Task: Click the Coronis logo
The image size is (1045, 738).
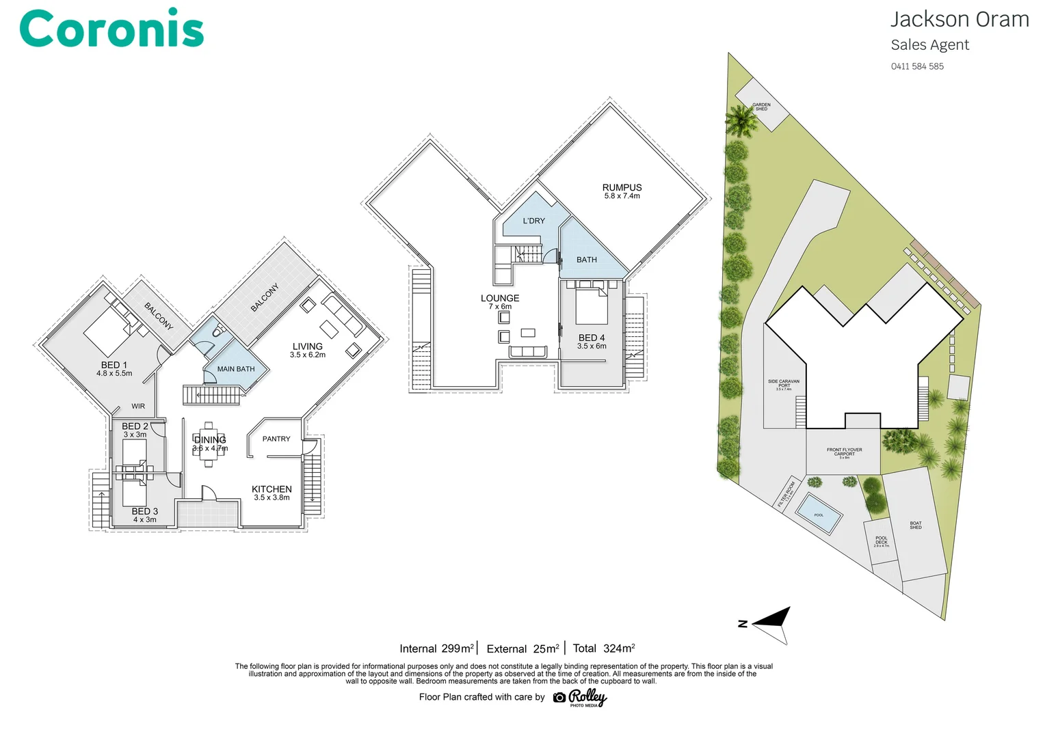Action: click(x=111, y=30)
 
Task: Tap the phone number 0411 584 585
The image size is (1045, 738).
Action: click(x=916, y=66)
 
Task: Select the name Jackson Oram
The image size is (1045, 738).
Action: click(x=959, y=19)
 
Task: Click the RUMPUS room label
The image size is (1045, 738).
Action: click(x=622, y=187)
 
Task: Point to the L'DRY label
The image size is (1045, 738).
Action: click(x=533, y=221)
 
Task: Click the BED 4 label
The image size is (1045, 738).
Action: click(x=591, y=338)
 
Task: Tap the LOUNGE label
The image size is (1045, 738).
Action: click(x=499, y=298)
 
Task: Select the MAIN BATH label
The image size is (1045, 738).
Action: click(x=235, y=369)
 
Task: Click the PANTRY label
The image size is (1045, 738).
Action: click(x=276, y=439)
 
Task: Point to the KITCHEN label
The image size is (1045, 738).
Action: click(x=272, y=489)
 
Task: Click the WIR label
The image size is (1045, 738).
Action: click(x=138, y=406)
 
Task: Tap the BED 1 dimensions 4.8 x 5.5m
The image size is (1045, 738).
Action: click(x=114, y=374)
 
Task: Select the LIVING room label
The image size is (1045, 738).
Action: click(x=307, y=346)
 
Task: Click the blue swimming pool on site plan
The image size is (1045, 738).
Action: click(x=819, y=514)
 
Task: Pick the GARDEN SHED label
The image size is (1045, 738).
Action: click(x=760, y=107)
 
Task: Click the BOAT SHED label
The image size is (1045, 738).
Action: click(x=915, y=525)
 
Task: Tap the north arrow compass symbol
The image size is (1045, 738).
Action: click(x=771, y=622)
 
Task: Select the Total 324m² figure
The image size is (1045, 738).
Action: click(x=603, y=648)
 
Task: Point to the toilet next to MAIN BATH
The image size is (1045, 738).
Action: click(x=218, y=333)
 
